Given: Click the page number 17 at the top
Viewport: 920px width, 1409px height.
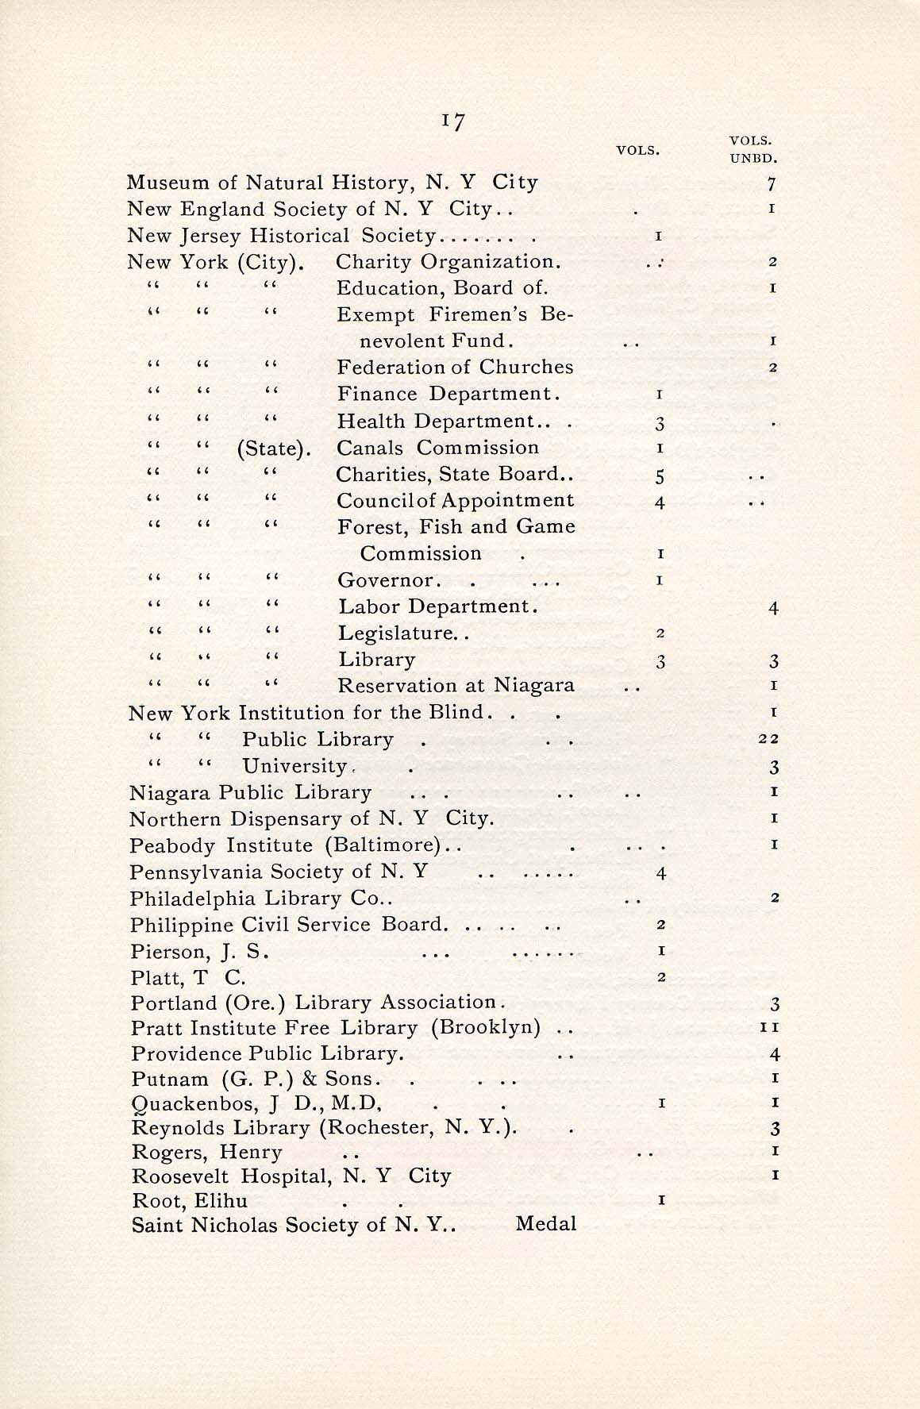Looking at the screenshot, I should click(x=454, y=121).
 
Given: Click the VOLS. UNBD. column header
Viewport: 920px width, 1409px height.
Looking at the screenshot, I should click(x=751, y=148).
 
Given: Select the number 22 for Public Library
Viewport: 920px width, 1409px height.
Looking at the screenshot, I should click(x=768, y=739).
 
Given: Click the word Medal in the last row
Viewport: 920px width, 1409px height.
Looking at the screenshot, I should click(x=545, y=1224).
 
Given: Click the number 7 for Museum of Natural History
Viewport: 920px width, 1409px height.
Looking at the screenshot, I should click(x=772, y=185).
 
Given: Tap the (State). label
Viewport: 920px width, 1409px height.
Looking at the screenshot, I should click(x=272, y=448).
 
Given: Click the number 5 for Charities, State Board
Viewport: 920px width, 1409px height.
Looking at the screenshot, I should click(x=660, y=476).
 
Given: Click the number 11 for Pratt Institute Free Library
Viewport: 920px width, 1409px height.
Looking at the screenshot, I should click(x=769, y=1028).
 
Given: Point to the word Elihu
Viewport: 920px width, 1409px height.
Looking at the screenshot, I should click(x=222, y=1201).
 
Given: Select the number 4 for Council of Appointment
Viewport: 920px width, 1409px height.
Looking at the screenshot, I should click(x=660, y=502).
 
